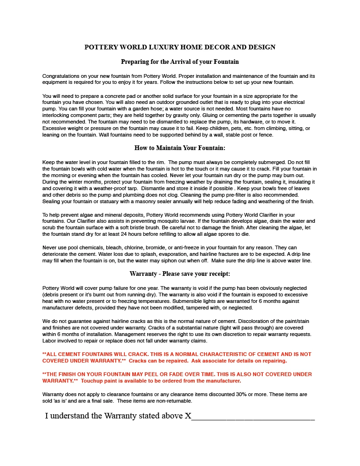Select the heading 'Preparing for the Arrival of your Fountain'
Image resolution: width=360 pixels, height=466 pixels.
[x=180, y=62]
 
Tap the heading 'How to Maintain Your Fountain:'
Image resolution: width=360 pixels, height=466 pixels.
[x=180, y=148]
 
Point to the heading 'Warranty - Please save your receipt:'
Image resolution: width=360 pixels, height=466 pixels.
[x=180, y=274]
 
